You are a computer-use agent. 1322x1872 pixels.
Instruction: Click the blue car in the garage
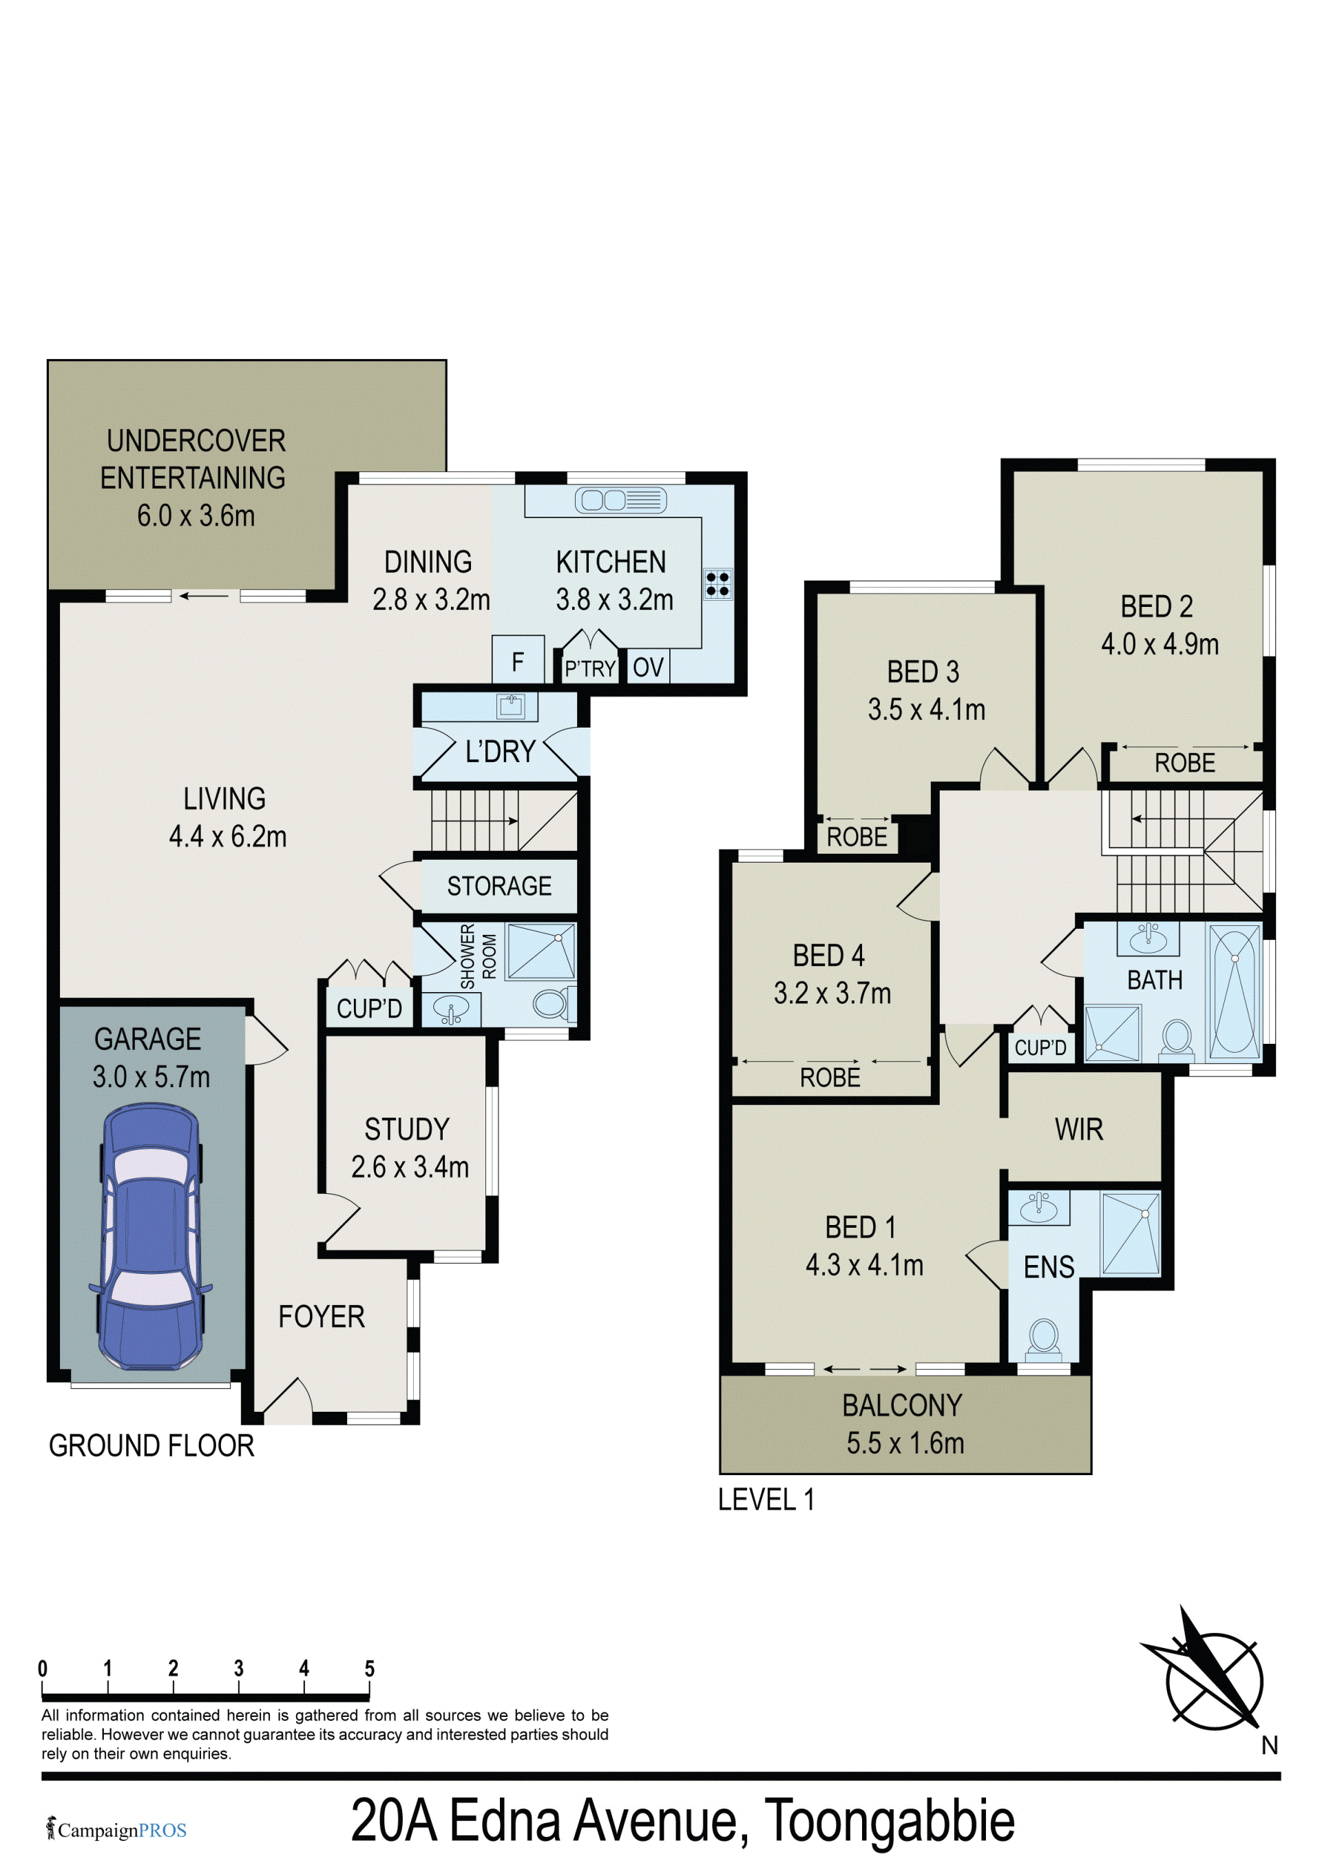pos(151,1236)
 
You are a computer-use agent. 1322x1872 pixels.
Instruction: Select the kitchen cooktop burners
pos(717,584)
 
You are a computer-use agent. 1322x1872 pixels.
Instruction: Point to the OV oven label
pos(648,668)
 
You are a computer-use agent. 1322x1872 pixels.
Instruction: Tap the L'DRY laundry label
pos(500,751)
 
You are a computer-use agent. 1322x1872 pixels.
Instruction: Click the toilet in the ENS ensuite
pos(1043,1339)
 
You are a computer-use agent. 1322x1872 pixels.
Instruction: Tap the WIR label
pos(1078,1129)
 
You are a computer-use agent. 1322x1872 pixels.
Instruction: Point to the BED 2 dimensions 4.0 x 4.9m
pos(1160,644)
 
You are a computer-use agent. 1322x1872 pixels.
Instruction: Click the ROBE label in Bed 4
pos(830,1078)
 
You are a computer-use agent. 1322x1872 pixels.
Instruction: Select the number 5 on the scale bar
pos(369,1668)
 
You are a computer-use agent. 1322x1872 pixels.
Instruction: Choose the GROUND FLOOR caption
pos(151,1446)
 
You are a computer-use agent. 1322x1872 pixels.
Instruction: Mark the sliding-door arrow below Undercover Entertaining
pos(204,596)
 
